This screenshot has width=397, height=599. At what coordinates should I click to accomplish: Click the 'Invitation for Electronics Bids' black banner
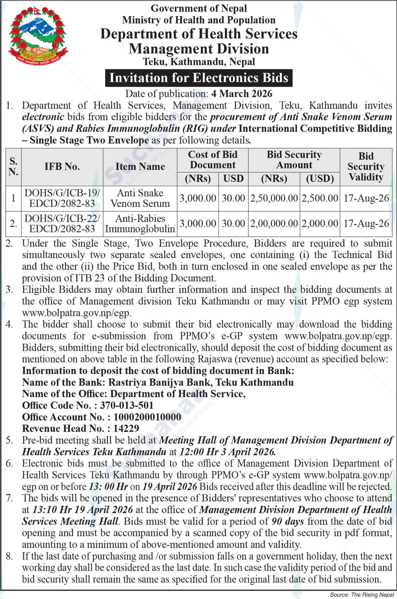coord(199,78)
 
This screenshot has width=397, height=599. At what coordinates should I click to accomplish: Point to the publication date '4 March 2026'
coord(241,93)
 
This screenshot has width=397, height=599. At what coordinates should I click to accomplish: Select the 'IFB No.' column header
coord(62,166)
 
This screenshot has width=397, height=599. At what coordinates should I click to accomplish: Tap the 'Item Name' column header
coord(140,166)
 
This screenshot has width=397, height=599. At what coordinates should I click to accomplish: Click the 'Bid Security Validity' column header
coord(366,166)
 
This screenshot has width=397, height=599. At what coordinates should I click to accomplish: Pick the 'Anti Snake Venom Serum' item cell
coord(140,198)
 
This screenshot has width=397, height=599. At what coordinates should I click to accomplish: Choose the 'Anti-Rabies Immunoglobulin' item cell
coord(140,224)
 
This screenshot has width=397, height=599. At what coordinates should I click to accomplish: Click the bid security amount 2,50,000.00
coord(274,198)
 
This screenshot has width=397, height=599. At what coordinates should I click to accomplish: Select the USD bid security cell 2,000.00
coord(320,224)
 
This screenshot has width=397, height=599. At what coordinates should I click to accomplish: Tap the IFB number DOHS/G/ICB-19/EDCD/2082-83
coord(62,198)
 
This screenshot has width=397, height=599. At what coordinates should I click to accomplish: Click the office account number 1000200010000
coord(147,417)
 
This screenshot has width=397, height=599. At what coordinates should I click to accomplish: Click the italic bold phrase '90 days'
coord(288,521)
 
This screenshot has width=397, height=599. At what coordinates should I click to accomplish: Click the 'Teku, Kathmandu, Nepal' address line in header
coord(199,62)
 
